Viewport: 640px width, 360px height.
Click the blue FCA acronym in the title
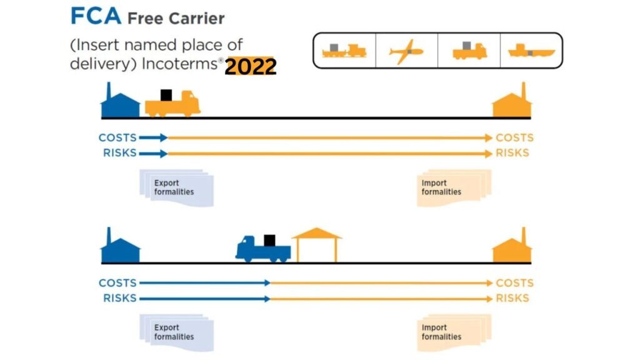click(x=95, y=16)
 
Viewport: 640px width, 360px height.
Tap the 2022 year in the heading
click(x=250, y=66)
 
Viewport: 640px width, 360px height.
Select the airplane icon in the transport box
click(x=406, y=51)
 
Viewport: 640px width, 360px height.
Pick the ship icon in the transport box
click(x=530, y=51)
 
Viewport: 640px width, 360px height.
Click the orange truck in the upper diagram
click(x=173, y=104)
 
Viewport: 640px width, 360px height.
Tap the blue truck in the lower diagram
click(x=262, y=248)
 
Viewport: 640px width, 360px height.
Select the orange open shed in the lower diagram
click(x=317, y=245)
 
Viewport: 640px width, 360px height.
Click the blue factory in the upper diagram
click(x=120, y=102)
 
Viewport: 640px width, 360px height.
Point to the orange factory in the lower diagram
click(x=512, y=248)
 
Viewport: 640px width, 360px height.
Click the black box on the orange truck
click(x=166, y=94)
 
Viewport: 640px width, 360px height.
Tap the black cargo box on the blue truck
click(x=269, y=240)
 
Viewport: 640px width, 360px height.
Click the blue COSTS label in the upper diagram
click(x=117, y=138)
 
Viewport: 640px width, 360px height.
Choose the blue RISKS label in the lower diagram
click(x=119, y=298)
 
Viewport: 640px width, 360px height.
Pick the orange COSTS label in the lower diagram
click(x=514, y=283)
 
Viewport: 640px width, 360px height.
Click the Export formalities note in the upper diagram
click(x=176, y=188)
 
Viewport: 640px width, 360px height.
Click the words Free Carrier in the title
click(x=176, y=18)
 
